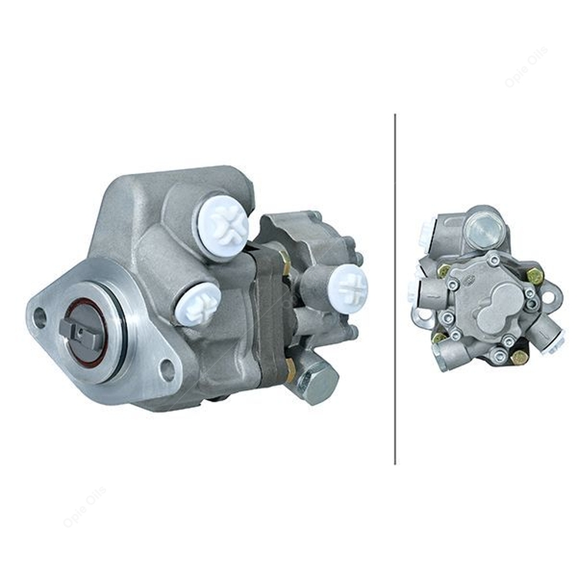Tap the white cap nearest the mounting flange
[198, 303]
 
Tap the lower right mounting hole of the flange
[166, 370]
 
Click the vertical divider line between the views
[395, 288]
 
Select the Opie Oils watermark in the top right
[526, 68]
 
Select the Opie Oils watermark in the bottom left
[85, 507]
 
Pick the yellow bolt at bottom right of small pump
[520, 357]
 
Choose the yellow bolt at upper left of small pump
[444, 270]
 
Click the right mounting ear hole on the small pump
[549, 293]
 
